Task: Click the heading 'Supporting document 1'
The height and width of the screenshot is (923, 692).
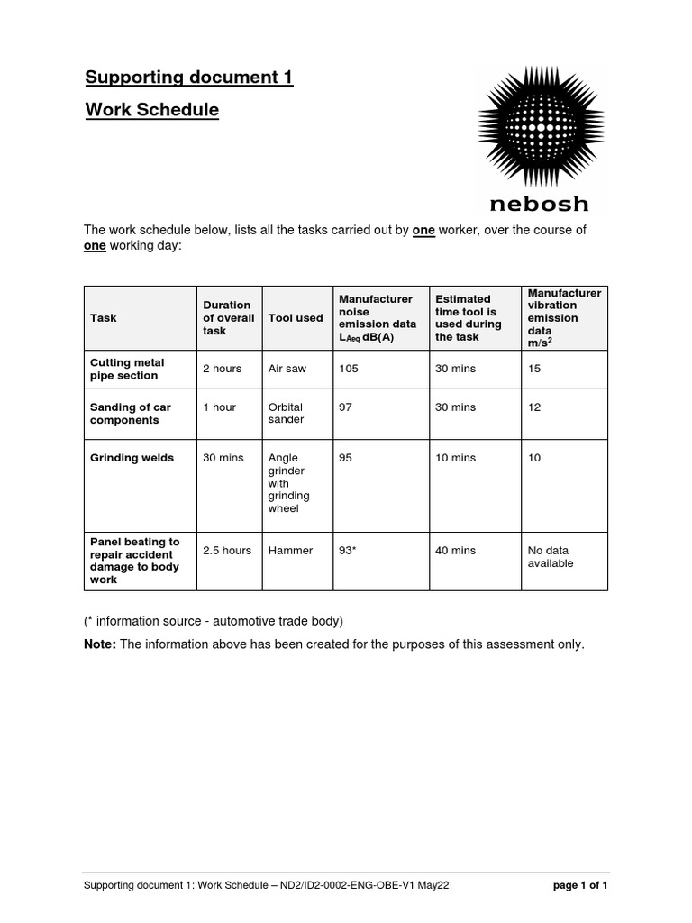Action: point(189,78)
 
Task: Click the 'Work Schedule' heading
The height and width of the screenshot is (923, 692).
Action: point(151,110)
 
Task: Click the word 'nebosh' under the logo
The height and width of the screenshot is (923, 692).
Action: point(541,204)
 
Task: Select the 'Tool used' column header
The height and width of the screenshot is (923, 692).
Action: point(296,318)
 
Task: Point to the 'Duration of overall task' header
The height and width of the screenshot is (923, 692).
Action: point(228,318)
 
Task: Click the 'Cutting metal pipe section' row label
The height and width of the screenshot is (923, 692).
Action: point(127,369)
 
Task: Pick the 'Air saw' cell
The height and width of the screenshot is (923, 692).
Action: point(287,369)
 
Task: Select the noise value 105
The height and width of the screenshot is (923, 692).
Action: point(348,369)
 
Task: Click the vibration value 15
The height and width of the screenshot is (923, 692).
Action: point(534,369)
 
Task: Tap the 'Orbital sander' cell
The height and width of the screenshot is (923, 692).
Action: point(287,414)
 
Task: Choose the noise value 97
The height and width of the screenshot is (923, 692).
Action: point(345,407)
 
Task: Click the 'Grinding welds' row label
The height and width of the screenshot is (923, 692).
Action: point(127,458)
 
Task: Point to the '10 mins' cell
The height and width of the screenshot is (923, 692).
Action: point(455,458)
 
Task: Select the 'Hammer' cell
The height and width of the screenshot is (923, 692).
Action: point(290,550)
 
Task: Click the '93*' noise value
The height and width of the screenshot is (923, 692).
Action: point(348,550)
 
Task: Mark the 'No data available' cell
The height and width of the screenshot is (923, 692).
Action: point(551,556)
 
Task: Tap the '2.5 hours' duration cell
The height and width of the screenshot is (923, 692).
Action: point(226,550)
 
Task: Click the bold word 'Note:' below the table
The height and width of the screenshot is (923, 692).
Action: point(100,644)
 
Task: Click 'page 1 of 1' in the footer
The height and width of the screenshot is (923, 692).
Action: point(579,885)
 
